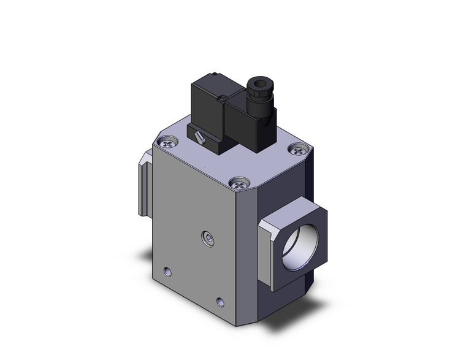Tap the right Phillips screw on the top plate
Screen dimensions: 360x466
click(x=298, y=150)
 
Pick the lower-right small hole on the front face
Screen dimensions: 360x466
click(x=221, y=301)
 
